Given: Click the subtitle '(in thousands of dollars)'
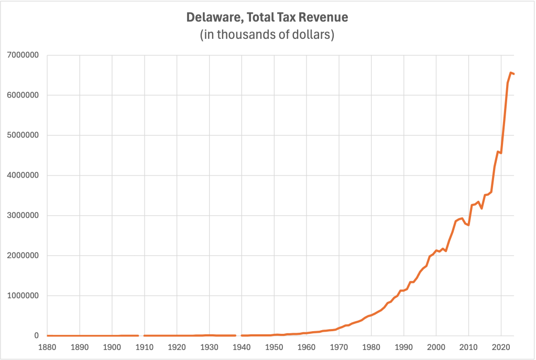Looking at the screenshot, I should (x=267, y=36).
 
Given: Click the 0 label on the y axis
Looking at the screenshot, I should (x=37, y=336).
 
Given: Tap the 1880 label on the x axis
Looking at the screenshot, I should (x=47, y=347).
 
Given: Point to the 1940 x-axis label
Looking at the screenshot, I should (x=242, y=347).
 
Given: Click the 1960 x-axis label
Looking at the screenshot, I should (x=307, y=347).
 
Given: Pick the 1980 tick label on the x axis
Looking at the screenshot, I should (x=371, y=347).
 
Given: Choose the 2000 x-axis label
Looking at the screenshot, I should (x=436, y=347).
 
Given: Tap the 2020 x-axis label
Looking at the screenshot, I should (x=501, y=347).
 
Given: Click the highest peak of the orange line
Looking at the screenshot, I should (x=511, y=72).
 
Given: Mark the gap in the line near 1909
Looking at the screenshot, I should (x=141, y=335).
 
